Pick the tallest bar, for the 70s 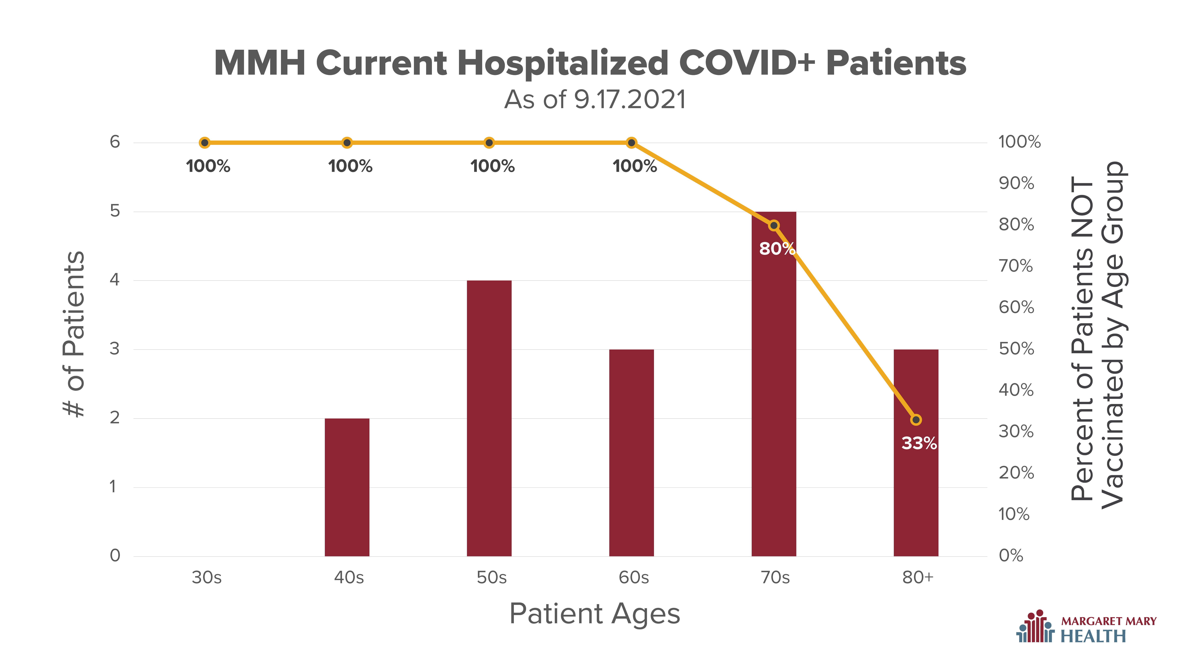tap(774, 384)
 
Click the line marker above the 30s tap(205, 142)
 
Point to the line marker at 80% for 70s tap(774, 225)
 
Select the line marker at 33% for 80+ tap(916, 419)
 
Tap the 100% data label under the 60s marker tap(635, 166)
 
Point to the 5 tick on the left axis tap(115, 211)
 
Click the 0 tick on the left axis tap(115, 555)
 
